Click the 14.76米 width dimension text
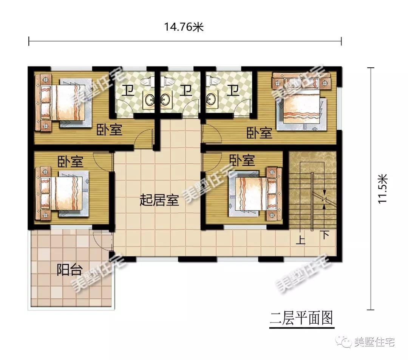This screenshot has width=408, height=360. [184, 27]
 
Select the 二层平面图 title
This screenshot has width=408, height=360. [301, 318]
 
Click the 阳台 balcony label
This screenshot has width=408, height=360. [70, 270]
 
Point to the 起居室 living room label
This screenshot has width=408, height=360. [159, 200]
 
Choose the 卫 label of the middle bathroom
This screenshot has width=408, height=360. [185, 90]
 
